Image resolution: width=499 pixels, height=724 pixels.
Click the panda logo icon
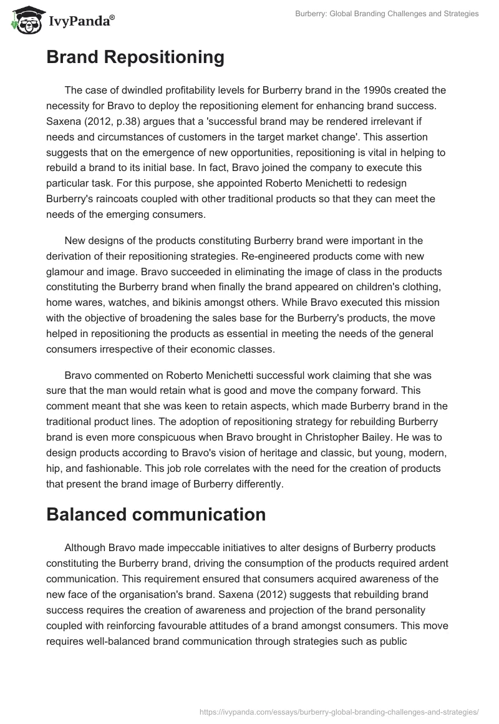[x=24, y=21]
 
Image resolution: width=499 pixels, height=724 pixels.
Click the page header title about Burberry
[x=387, y=14]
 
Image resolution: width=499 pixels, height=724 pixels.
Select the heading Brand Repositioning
[x=135, y=57]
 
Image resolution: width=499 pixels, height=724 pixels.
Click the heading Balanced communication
[x=156, y=514]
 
